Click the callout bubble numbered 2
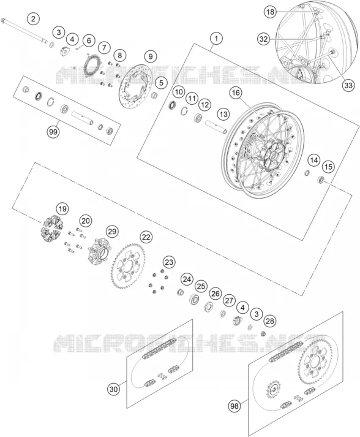34,19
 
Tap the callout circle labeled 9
151,56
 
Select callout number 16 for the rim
236,93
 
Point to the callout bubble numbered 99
53,132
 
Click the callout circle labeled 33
348,85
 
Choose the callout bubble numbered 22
146,237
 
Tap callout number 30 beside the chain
114,389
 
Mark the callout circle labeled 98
234,406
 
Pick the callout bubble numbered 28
270,321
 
